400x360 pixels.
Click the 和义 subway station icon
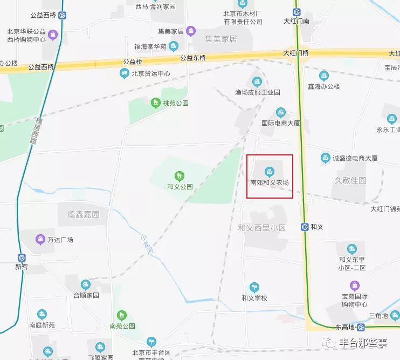tap(305, 227)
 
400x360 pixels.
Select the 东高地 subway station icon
tap(361, 327)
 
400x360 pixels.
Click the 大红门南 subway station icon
tap(296, 12)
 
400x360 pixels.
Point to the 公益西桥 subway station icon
tap(63, 16)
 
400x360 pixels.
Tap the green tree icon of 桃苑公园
tap(155, 102)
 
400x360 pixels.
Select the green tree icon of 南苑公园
tap(122, 315)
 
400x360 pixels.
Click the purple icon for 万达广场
tap(40, 239)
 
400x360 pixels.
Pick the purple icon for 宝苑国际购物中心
tap(354, 285)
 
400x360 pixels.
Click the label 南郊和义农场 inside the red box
tap(270, 182)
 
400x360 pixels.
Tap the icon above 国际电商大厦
tap(280, 112)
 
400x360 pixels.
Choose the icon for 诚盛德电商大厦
tap(325, 158)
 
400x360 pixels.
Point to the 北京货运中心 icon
tap(125, 73)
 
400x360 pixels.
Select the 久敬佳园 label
tap(350, 180)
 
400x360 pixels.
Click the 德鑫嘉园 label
tap(84, 214)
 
